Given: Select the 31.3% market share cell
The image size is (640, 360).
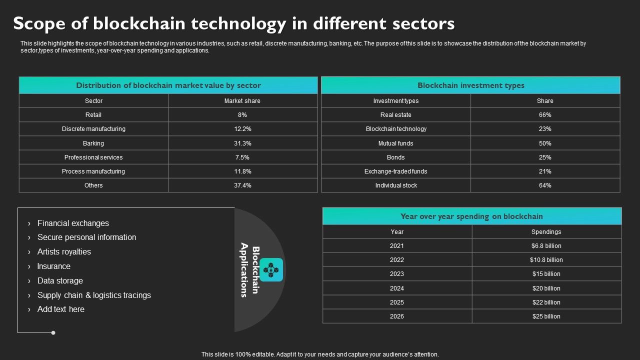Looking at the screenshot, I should coord(242,143).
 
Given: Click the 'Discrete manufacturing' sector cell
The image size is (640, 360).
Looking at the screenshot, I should coord(93,129).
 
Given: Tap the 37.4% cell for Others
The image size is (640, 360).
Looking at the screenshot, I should coord(242,185).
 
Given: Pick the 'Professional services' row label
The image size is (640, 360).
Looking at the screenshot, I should coord(93,157).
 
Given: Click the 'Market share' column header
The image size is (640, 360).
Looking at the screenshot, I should coord(242,101).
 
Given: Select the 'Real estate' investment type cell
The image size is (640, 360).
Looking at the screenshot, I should coord(396,115).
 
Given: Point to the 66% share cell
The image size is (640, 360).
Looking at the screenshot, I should coord(545,115).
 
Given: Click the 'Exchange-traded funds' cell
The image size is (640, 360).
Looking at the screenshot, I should coord(396,171).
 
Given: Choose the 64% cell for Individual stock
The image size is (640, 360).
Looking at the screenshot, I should coord(545,185).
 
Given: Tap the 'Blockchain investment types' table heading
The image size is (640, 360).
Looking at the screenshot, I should coord(470,85).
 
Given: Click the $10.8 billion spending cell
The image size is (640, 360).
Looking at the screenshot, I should coord(546,260).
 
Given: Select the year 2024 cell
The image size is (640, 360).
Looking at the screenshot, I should coord(397,288).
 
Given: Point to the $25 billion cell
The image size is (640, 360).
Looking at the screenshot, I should coord(546,316).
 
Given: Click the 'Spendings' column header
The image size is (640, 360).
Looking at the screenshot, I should coord(546,232).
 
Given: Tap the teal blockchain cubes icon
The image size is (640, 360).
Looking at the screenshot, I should coord(271,270).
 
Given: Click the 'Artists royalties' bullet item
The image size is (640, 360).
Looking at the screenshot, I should coord(64,252).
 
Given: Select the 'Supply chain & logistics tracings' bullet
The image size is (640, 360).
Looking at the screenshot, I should coord(94,295).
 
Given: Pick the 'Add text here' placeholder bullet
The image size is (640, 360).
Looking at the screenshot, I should coord(61,309).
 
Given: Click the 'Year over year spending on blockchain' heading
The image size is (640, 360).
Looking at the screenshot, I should coord(471,216).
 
